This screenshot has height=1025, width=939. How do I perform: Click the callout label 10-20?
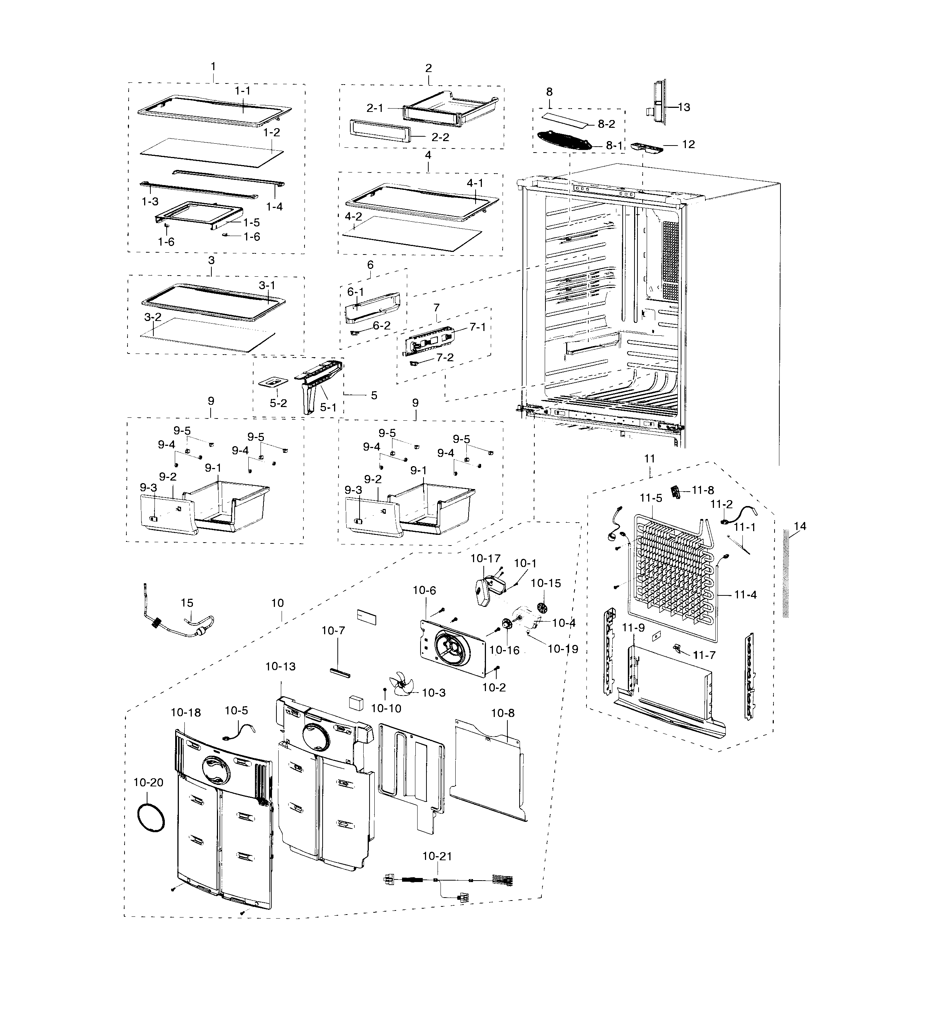[x=149, y=782]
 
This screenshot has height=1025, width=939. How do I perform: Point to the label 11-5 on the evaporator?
[x=651, y=498]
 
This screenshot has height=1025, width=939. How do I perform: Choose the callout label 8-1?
[x=614, y=146]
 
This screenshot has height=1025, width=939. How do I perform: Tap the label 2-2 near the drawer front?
[x=440, y=137]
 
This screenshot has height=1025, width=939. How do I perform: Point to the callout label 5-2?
[x=278, y=403]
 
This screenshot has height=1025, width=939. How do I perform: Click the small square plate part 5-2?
[x=274, y=381]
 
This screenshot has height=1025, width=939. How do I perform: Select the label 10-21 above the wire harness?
[x=437, y=856]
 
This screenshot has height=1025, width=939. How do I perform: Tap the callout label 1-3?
[x=150, y=201]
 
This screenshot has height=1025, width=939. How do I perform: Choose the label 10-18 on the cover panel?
[x=186, y=713]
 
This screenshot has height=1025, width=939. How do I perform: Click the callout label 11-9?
[x=634, y=628]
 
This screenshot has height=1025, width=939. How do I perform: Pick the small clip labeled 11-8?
[x=677, y=492]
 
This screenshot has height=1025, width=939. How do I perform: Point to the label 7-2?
[x=445, y=358]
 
